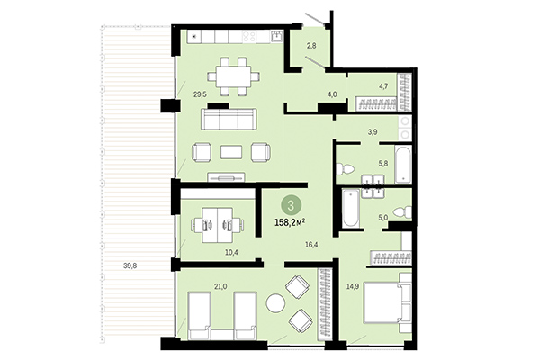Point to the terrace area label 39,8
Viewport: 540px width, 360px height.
click(131, 265)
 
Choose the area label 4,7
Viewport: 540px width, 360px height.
click(383, 86)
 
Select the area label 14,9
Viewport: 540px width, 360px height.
click(353, 286)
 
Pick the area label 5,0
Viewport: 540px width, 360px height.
click(382, 217)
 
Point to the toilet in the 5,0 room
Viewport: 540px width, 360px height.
click(406, 211)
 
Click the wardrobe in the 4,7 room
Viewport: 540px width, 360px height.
click(384, 103)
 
